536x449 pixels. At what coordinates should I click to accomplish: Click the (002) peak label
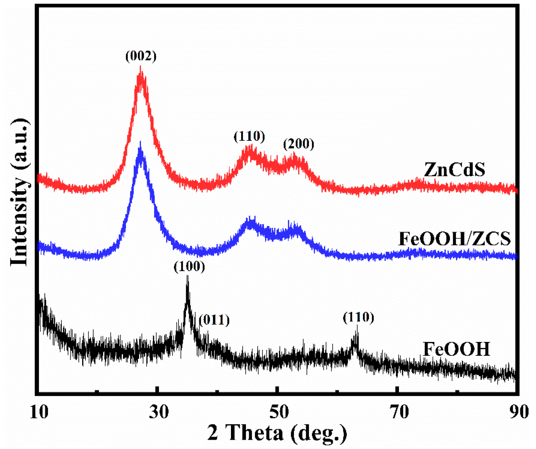tap(141, 56)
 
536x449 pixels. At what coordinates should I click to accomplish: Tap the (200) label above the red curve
tap(298, 144)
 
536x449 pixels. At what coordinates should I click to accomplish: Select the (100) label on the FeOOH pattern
tap(189, 267)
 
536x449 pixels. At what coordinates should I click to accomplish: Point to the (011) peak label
tap(214, 320)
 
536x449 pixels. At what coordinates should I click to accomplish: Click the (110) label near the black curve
tap(358, 317)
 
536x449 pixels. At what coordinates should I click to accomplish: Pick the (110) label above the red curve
tap(249, 137)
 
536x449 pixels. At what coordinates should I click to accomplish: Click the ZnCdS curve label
tap(454, 170)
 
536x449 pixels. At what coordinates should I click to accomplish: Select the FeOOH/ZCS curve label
tap(454, 239)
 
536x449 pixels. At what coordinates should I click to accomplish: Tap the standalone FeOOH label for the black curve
tap(456, 349)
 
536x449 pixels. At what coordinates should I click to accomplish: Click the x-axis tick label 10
tap(39, 412)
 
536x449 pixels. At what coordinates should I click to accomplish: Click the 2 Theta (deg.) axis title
tap(277, 433)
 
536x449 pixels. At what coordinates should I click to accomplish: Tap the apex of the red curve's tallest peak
tap(140, 67)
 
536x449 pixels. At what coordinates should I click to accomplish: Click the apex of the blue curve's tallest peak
tap(140, 143)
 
